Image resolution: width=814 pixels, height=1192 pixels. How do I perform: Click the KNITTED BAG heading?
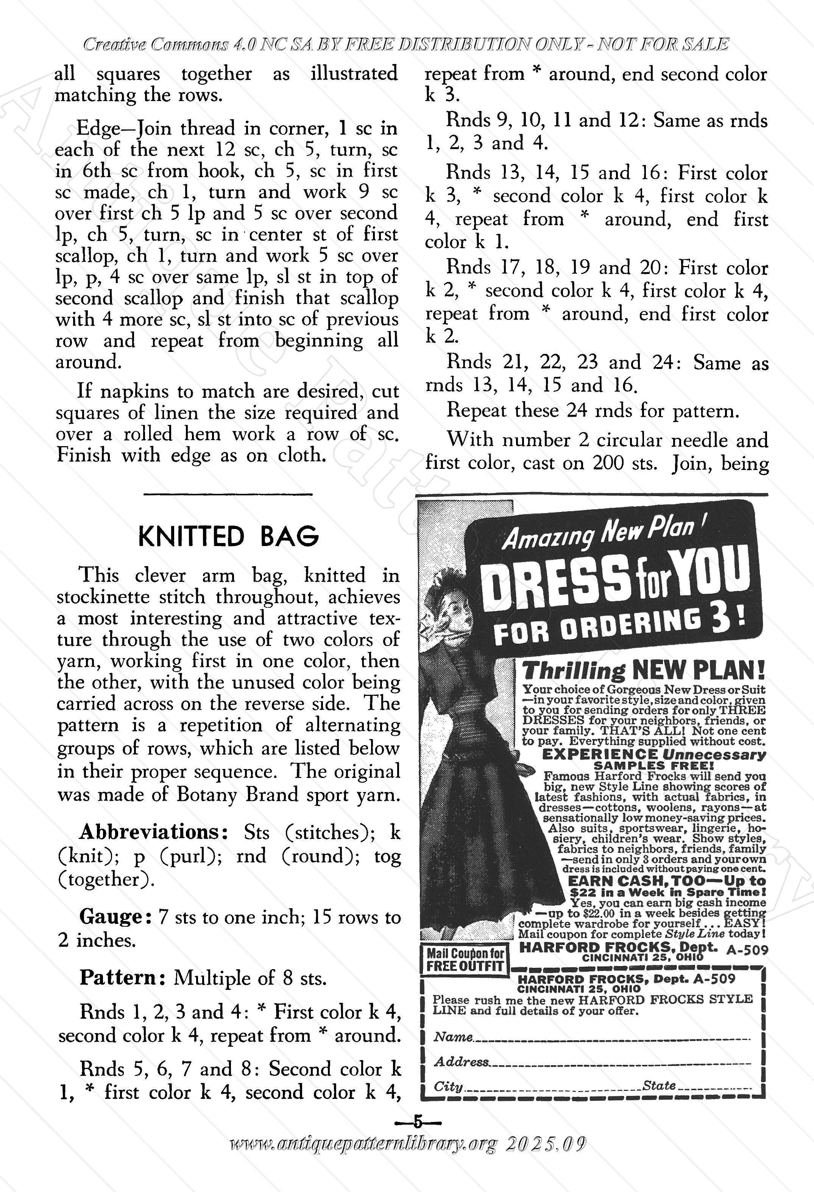[228, 537]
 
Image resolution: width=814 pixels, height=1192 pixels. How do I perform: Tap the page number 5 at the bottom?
[417, 1122]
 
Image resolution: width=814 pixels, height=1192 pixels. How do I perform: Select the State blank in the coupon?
[713, 1086]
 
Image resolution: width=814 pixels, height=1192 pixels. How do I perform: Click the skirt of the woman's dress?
[465, 841]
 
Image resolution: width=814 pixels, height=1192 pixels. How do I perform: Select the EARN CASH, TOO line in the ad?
[667, 881]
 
